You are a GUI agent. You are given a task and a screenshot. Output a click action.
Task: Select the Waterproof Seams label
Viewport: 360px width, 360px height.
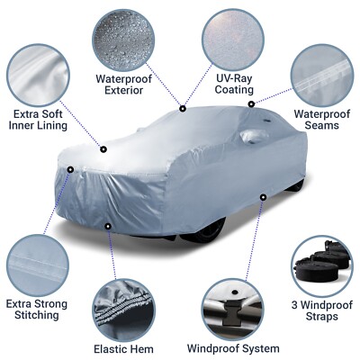[x=315, y=120]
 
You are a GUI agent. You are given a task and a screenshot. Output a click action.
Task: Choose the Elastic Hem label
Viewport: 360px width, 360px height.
[x=123, y=347]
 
